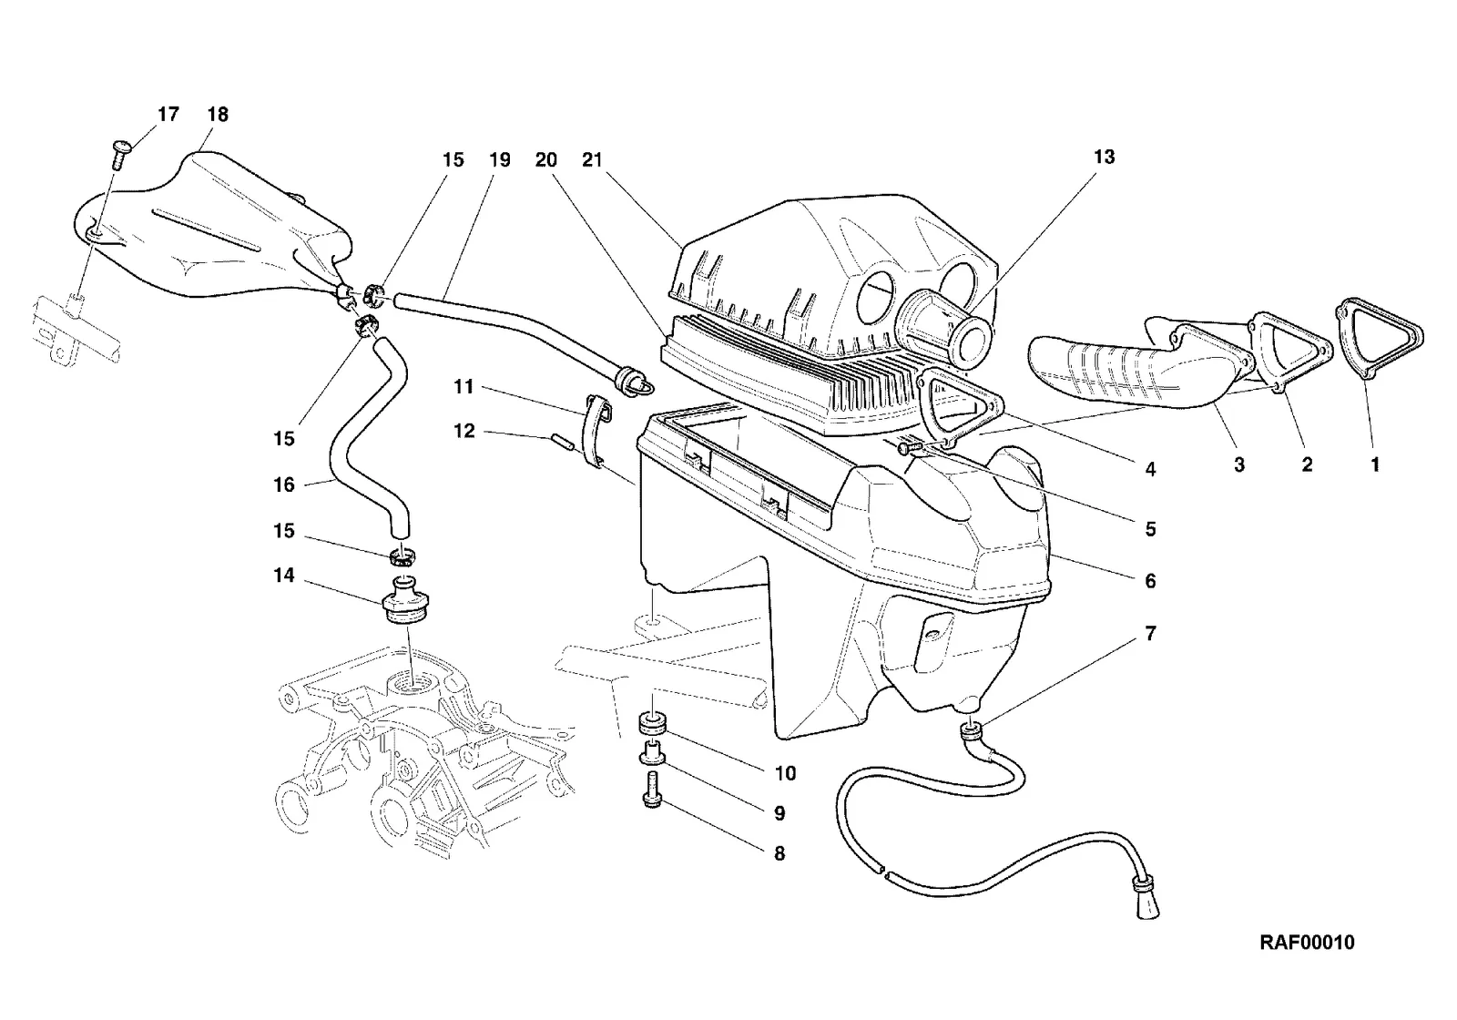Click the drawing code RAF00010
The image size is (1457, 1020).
(1307, 943)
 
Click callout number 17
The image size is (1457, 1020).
(168, 115)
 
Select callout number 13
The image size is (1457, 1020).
(1104, 157)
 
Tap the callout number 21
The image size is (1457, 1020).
(592, 159)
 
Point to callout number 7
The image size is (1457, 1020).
(1151, 633)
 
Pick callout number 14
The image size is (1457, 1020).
(283, 575)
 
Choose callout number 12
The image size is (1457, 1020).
(464, 431)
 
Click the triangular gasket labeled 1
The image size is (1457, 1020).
(1379, 338)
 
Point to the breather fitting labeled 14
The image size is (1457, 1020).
(405, 599)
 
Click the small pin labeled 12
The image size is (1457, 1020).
(561, 441)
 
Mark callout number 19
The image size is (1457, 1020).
(500, 159)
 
